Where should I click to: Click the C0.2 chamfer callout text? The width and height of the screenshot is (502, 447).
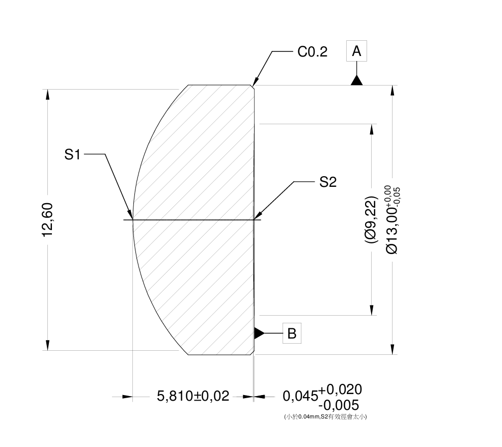point(312,52)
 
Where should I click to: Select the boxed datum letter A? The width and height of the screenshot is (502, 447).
point(356,51)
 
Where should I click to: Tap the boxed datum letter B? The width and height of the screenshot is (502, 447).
point(292,333)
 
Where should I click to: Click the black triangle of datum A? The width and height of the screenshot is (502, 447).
point(356,80)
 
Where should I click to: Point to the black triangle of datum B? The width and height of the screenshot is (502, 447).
point(259,333)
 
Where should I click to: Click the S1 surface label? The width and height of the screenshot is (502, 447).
point(72,155)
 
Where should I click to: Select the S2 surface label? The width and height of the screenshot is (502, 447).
point(328,182)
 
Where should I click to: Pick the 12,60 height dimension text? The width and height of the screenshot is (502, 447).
point(47,220)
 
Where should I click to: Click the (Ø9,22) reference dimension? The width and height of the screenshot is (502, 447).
point(371,219)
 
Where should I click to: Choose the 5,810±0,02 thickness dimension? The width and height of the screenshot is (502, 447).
point(193,396)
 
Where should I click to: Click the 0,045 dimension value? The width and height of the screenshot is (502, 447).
point(300,396)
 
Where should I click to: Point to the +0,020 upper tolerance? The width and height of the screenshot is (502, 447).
point(340,390)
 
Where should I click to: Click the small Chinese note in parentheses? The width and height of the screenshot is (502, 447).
point(325,416)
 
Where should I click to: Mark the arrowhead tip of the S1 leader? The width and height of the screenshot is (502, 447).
point(132,218)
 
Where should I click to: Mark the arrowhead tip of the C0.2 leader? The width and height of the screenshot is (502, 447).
point(254,85)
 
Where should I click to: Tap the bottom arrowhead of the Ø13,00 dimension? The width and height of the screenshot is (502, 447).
point(392,351)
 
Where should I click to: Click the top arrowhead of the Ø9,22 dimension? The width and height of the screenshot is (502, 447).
point(372,127)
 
